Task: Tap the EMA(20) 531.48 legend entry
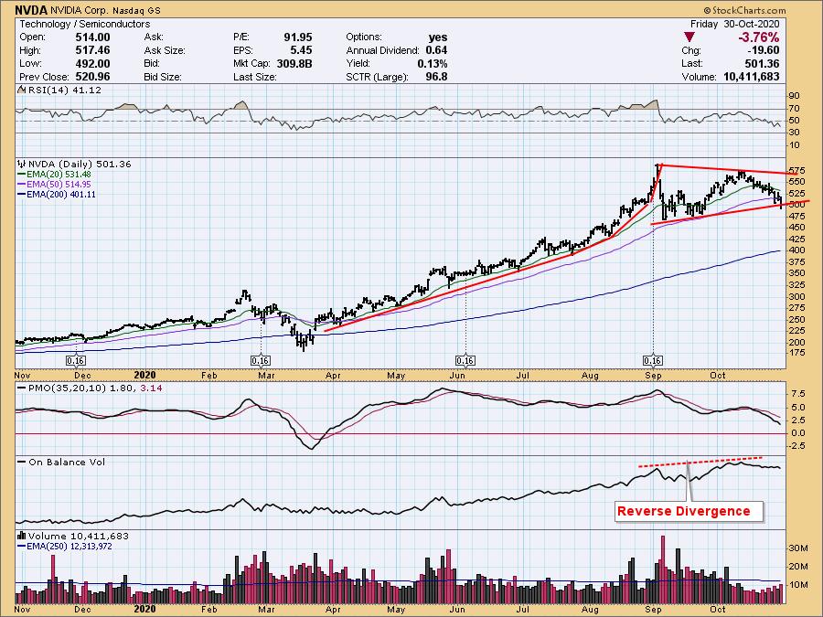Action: pyautogui.click(x=58, y=175)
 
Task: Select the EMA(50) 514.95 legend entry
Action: pyautogui.click(x=58, y=185)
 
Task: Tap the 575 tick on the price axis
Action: pyautogui.click(x=796, y=171)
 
